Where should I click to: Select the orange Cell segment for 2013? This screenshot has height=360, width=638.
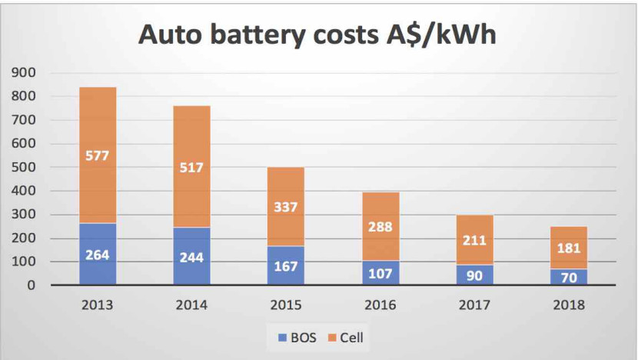[x=97, y=123]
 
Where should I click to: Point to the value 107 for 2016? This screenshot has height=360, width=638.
[x=381, y=272]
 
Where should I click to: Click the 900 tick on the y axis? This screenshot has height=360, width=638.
[x=27, y=73]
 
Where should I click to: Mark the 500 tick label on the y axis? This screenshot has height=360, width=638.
[x=27, y=168]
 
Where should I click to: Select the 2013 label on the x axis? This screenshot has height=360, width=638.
[x=97, y=305]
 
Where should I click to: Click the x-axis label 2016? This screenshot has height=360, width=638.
[x=381, y=305]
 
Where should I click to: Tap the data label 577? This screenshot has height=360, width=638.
[x=97, y=156]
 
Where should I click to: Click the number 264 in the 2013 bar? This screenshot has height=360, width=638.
[x=97, y=255]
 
